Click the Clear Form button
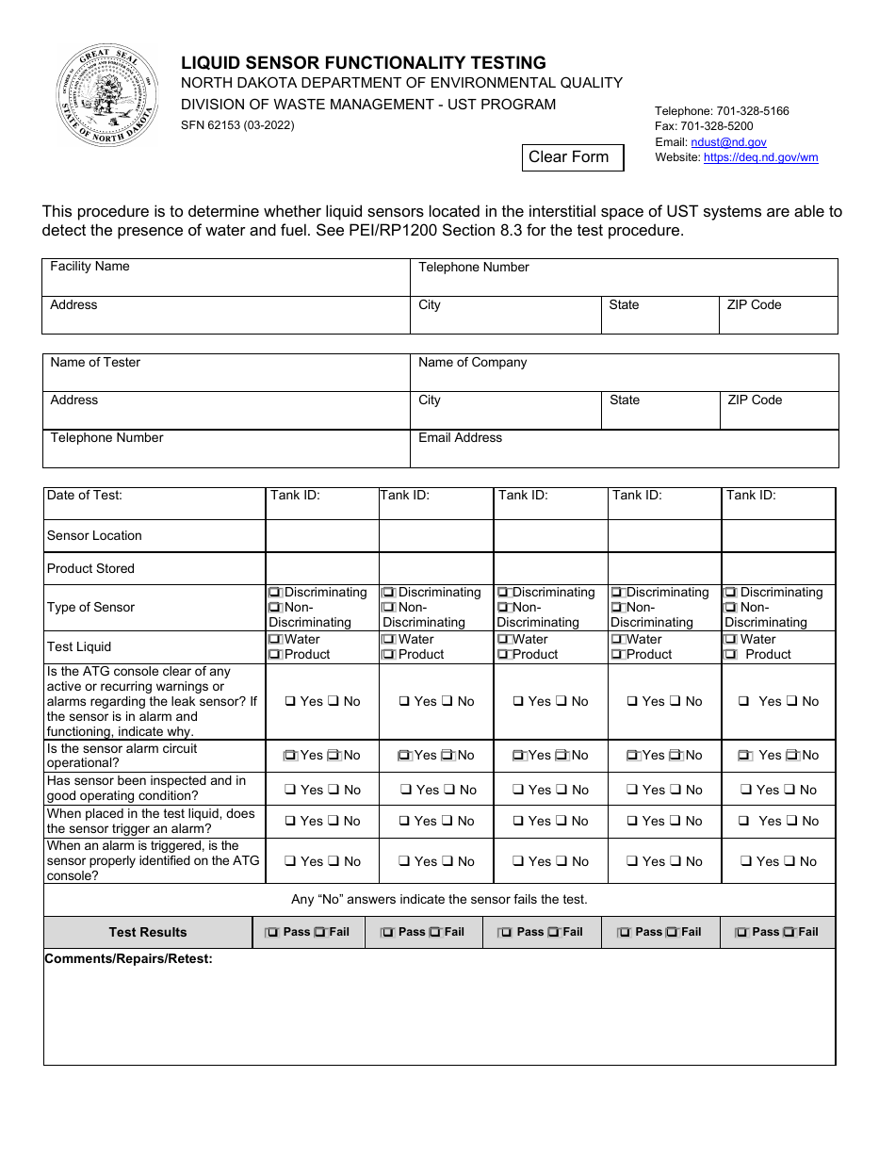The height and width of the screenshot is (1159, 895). click(573, 157)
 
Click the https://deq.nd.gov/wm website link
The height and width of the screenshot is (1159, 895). click(760, 157)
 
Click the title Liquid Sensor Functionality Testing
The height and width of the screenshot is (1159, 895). click(363, 63)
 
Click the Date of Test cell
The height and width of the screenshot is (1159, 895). click(154, 503)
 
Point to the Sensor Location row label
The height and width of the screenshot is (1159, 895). click(94, 536)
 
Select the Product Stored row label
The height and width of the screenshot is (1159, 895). click(90, 569)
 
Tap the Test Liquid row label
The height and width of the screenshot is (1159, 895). click(79, 647)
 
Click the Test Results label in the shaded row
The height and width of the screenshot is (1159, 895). click(148, 933)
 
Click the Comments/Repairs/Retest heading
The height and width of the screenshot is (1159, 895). click(128, 959)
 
